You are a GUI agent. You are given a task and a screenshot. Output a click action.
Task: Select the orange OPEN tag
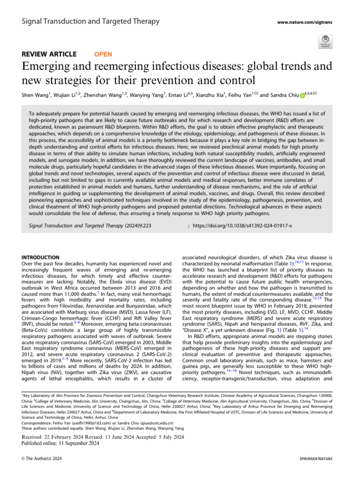[x=103, y=54]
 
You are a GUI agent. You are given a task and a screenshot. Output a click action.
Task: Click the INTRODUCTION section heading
[x=41, y=257]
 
